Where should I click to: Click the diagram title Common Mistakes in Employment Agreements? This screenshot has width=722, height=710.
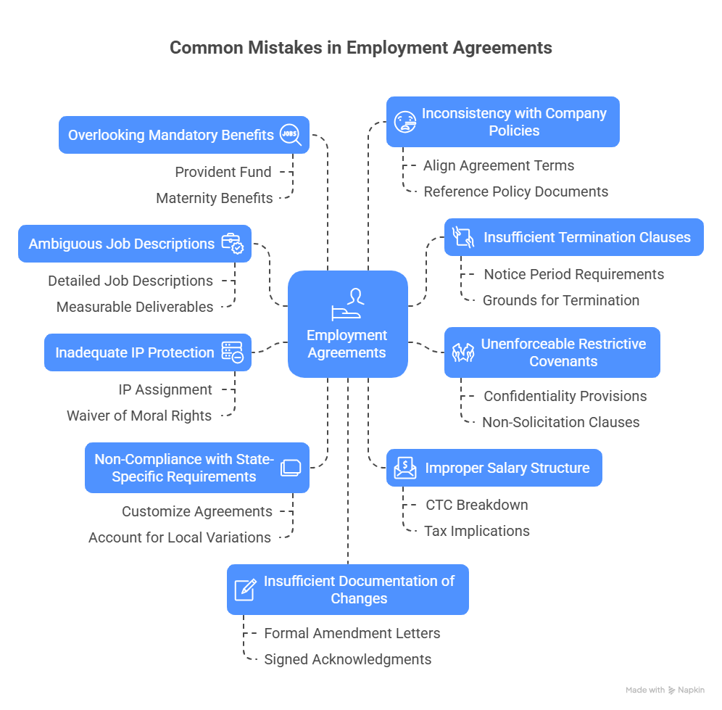pos(360,48)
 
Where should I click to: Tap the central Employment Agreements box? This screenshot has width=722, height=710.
pos(347,324)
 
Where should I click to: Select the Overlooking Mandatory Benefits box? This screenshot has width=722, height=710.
pos(184,135)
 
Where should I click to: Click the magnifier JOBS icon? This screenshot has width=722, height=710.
pos(291,135)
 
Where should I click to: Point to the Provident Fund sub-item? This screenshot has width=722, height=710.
pos(223,172)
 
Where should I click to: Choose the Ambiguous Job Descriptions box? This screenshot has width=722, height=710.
pos(135,244)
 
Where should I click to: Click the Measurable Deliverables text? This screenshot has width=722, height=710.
pos(135,307)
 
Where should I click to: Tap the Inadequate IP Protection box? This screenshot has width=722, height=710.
pos(148,352)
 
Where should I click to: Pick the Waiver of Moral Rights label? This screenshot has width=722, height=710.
pos(139,416)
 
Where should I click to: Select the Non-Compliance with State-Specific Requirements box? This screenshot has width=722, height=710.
pos(197,468)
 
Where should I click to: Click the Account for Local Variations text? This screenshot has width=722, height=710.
pos(180,537)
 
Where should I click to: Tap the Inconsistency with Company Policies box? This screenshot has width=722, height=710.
pos(502,122)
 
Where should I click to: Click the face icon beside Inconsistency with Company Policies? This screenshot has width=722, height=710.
pos(404,121)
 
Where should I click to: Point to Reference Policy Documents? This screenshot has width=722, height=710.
pos(515,191)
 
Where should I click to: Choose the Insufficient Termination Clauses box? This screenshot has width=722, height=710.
pos(573,237)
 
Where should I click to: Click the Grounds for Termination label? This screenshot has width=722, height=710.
pos(561,300)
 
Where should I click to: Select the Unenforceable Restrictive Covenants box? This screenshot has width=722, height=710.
pos(552,352)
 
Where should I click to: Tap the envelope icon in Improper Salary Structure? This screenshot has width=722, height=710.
pos(404,468)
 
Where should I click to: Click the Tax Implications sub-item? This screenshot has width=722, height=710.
pos(477,531)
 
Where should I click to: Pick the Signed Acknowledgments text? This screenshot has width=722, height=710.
pos(347,659)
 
